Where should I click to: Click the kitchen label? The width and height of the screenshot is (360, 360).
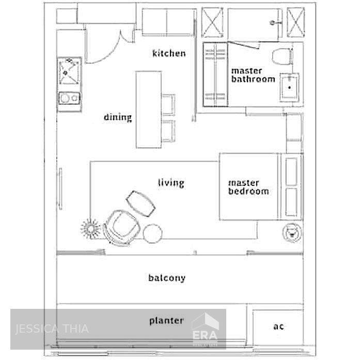click(x=169, y=53)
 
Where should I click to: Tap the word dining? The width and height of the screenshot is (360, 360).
click(x=118, y=117)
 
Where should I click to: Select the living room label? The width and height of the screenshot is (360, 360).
click(x=171, y=183)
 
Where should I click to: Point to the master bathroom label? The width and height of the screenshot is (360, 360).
click(x=253, y=75)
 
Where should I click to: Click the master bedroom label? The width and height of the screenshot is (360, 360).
click(x=248, y=187)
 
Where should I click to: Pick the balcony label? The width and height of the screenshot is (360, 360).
click(x=167, y=278)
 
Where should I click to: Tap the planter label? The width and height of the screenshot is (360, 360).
click(x=166, y=321)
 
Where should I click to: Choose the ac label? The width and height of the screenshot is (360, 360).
click(x=278, y=326)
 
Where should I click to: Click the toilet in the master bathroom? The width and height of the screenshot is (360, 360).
click(x=281, y=56)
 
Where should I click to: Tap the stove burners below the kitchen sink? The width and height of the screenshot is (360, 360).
click(x=69, y=98)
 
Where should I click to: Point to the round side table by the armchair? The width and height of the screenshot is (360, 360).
click(x=153, y=233)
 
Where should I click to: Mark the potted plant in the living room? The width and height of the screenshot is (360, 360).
click(x=90, y=227)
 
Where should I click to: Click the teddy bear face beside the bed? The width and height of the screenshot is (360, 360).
click(x=292, y=233)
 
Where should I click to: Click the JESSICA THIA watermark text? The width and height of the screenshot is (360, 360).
click(x=52, y=328)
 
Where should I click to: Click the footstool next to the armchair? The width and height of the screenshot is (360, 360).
click(x=141, y=203)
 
